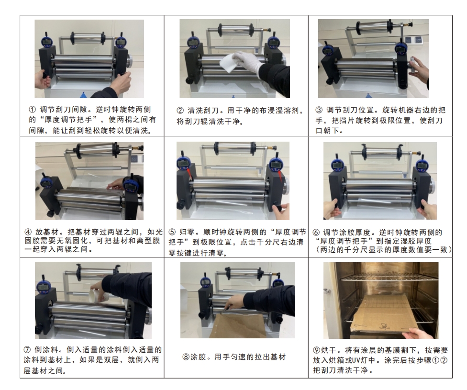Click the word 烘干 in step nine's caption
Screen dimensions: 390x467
coord(328,350)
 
